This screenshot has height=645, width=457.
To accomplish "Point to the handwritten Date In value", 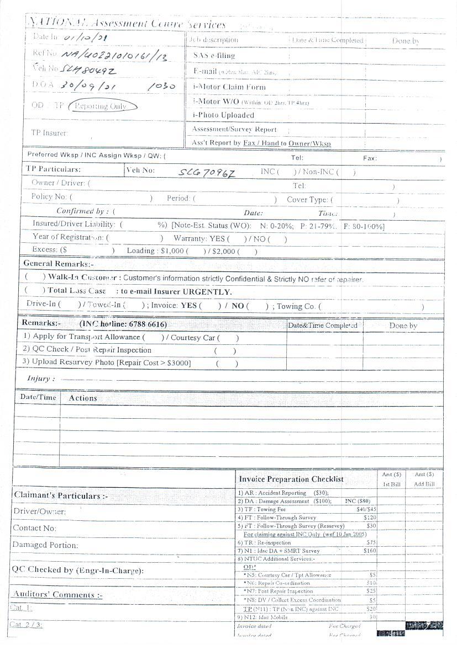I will point(86,38).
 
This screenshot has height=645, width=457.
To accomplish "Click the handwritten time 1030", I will point(162,87).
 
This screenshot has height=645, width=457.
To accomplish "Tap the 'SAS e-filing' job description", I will point(214,55).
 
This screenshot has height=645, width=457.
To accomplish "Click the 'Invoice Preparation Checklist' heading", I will point(291,479).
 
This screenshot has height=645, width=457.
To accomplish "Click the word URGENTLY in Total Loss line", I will point(207,292).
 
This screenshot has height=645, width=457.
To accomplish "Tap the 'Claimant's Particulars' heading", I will point(57,495).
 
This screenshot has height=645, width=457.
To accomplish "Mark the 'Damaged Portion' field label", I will point(45,545).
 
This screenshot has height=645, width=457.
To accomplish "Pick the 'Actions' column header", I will point(83,398).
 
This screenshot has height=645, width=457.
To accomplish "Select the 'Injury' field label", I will point(41,379).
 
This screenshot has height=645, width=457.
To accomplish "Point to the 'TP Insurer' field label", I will point(49,133).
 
